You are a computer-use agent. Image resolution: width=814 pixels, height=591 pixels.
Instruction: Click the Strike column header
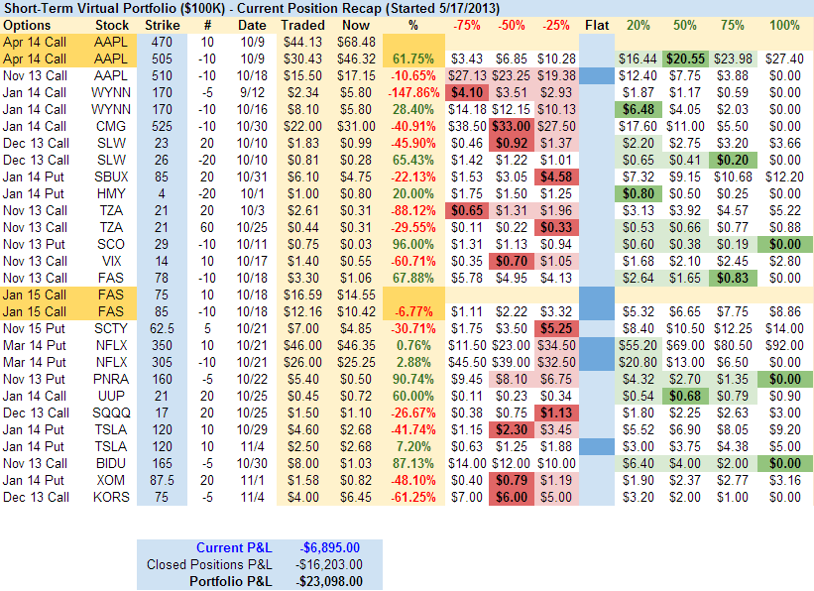coord(162,24)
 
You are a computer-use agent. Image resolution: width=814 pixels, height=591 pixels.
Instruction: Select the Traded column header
coord(302,24)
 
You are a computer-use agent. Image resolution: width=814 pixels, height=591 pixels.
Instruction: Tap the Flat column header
coord(597,24)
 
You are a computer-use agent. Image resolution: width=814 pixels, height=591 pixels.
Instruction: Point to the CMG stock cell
coord(111,126)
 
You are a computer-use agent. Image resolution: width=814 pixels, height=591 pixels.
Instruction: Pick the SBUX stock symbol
coord(111,177)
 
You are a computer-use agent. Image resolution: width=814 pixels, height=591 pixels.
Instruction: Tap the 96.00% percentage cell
coord(414,244)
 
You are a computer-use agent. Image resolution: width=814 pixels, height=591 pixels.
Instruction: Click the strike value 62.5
coord(162,328)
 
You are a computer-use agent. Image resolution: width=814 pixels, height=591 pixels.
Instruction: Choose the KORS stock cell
coord(111,497)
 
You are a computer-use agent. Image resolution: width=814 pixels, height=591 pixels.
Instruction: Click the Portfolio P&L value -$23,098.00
coord(331,580)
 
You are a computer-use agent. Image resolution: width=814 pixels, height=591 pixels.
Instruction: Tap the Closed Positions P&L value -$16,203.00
coord(331,564)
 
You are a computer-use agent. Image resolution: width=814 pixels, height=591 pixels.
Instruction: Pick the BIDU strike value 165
coord(162,463)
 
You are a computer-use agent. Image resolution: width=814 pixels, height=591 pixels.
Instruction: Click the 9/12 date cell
coord(253,92)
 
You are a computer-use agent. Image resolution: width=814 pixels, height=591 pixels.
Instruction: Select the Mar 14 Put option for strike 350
coord(36,345)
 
